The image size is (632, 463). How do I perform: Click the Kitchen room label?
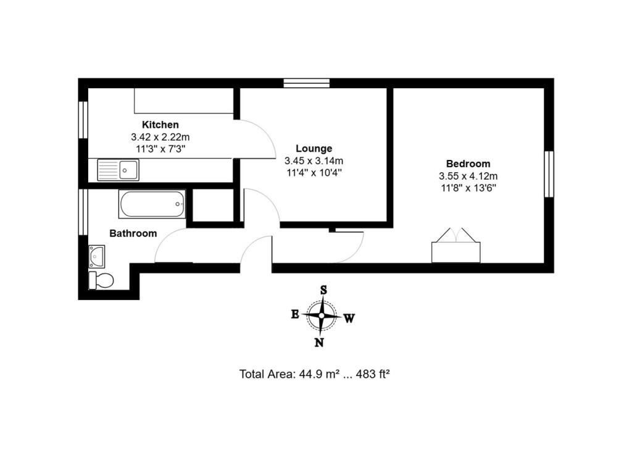160,125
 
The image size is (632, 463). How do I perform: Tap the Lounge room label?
314,148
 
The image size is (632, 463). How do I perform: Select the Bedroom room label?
468,164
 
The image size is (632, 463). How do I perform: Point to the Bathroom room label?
133,233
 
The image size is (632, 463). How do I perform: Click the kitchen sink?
118,169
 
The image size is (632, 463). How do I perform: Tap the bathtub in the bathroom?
152,204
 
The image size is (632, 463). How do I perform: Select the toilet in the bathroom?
101,280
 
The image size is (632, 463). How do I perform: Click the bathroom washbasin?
97,254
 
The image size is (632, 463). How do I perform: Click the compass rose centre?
322,315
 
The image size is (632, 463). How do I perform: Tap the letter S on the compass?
323,290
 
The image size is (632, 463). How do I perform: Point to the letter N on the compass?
319,343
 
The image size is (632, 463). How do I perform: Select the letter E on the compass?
295,314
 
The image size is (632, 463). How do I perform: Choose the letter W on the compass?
349,319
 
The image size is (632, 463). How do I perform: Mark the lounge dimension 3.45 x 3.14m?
314,161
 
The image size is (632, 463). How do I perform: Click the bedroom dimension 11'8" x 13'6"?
468,188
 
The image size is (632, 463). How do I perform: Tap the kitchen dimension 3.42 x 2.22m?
160,136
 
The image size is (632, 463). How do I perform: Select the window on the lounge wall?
307,83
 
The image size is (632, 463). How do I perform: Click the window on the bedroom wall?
548,173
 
